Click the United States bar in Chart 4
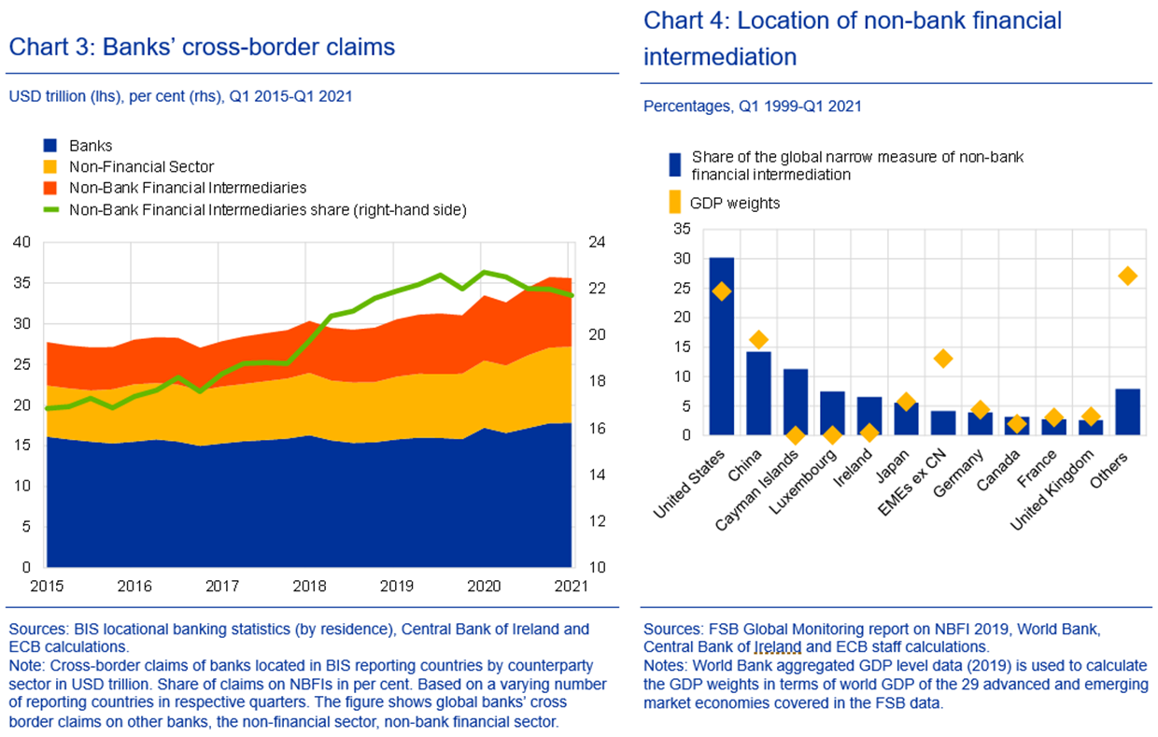721,346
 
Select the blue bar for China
758,393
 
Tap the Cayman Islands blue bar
796,402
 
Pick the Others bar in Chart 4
1127,412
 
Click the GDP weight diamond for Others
1127,276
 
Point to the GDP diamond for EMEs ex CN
943,358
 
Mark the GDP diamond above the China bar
758,339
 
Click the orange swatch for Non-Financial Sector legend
50,166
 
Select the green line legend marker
50,209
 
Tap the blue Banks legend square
50,146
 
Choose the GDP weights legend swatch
674,202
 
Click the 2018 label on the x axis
309,586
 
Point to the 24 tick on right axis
597,242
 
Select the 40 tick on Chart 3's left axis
22,242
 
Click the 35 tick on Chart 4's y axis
682,229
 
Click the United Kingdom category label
1052,489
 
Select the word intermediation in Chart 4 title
720,57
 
